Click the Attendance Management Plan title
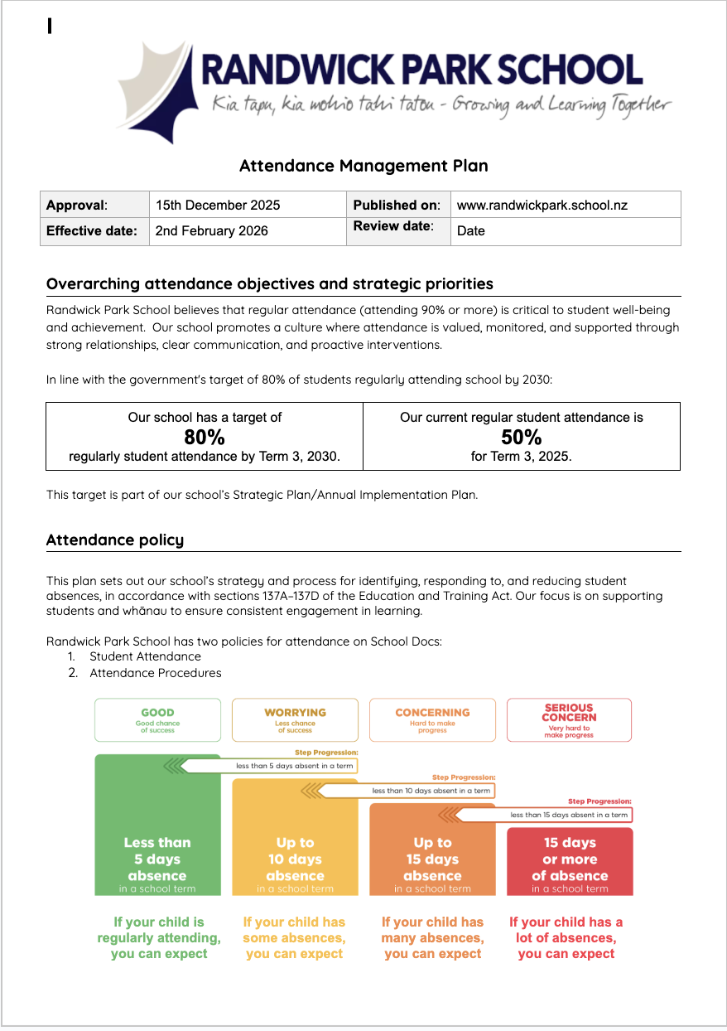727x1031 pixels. click(363, 166)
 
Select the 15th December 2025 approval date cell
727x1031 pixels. click(218, 205)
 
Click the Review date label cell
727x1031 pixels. click(393, 226)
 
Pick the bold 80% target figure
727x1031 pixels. click(205, 437)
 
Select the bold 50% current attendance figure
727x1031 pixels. click(522, 437)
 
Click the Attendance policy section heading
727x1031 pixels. click(115, 540)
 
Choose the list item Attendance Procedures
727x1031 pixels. click(156, 673)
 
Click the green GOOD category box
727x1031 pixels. click(157, 719)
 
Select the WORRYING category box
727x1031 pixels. click(295, 719)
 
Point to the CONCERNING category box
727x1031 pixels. click(432, 719)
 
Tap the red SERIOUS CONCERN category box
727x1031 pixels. click(569, 719)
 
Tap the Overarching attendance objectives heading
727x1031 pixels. click(270, 284)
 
